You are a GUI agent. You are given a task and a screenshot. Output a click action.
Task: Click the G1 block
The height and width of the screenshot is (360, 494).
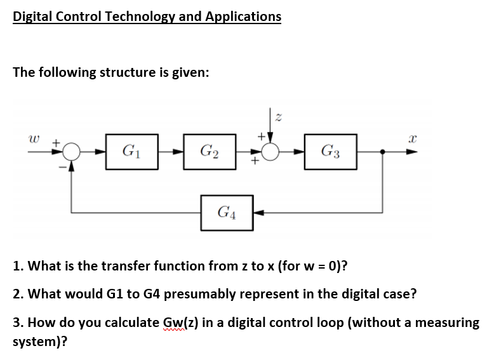(x=131, y=152)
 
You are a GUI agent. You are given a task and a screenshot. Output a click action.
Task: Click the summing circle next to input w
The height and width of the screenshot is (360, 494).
(x=72, y=152)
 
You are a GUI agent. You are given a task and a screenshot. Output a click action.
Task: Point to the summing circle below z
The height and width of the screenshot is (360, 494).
(x=273, y=152)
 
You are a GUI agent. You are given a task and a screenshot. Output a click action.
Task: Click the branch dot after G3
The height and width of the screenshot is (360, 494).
(x=382, y=152)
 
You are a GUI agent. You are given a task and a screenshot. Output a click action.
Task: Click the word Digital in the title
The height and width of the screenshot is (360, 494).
(x=33, y=16)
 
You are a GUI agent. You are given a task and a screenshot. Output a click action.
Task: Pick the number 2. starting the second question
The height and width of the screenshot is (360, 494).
(x=18, y=294)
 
